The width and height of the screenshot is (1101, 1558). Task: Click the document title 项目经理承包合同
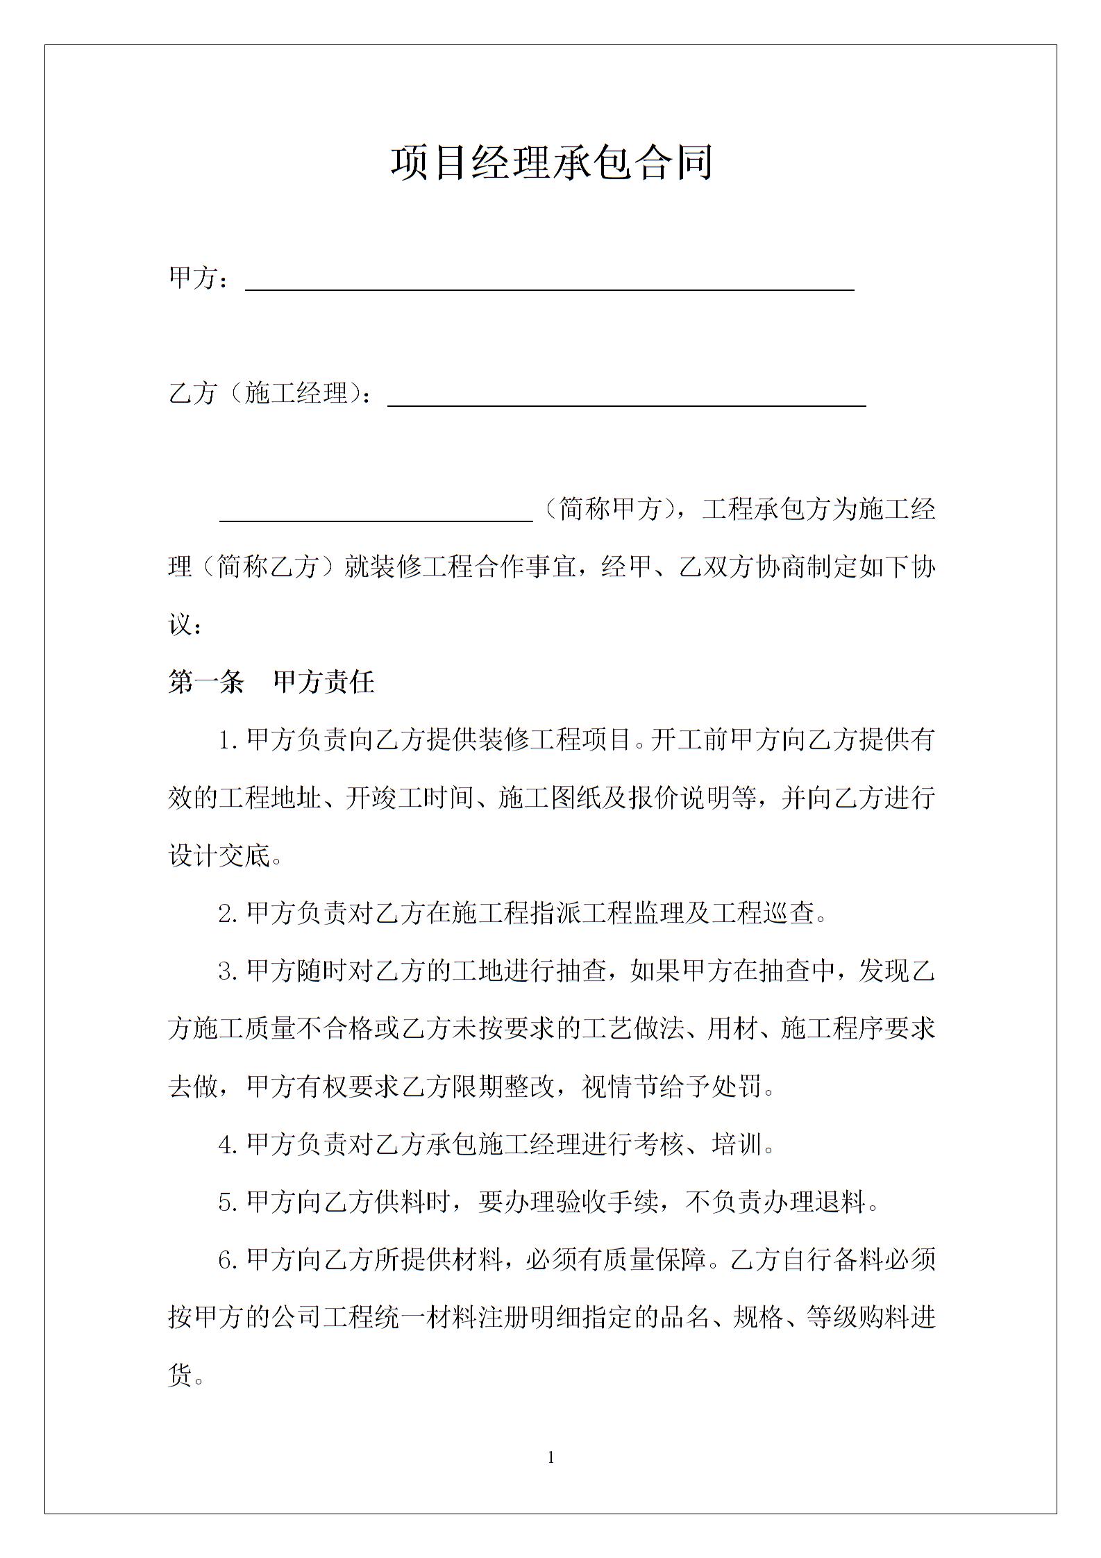pyautogui.click(x=551, y=163)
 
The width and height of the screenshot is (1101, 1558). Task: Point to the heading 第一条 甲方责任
pyautogui.click(x=271, y=682)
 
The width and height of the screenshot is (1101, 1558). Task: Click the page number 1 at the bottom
pyautogui.click(x=551, y=1457)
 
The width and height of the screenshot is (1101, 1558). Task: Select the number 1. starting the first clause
pyautogui.click(x=228, y=741)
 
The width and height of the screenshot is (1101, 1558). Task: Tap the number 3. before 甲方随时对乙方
pyautogui.click(x=228, y=972)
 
